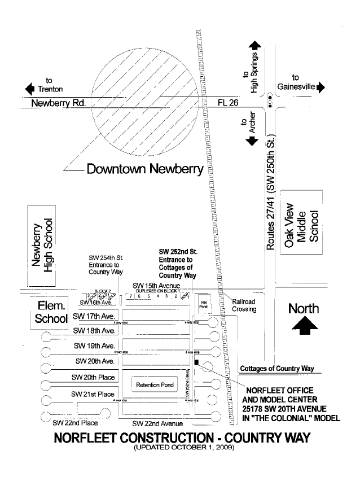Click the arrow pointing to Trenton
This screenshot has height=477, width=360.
coord(30,89)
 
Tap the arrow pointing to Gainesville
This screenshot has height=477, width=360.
coord(322,87)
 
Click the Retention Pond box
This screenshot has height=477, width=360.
coord(155,385)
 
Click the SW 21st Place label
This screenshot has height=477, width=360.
coord(93,393)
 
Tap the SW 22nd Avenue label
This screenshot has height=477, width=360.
coord(157,423)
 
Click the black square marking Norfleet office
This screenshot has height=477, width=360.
coord(196,362)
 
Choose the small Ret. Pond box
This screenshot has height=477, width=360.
coord(204,304)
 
